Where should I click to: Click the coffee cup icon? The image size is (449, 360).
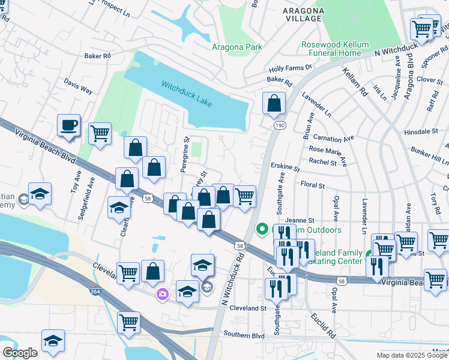(x=69, y=126)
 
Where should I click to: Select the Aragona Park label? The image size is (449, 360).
(x=237, y=47)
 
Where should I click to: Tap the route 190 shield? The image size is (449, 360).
(x=280, y=125)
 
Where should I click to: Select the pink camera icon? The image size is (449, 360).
(x=162, y=293)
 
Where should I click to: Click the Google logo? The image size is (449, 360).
(x=20, y=353)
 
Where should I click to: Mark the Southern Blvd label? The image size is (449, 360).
(x=244, y=334)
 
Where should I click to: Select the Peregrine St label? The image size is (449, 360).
(x=185, y=155)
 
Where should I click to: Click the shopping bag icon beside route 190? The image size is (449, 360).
(x=274, y=103)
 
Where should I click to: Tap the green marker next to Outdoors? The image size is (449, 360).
(x=262, y=229)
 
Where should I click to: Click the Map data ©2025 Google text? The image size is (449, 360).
(x=412, y=355)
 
